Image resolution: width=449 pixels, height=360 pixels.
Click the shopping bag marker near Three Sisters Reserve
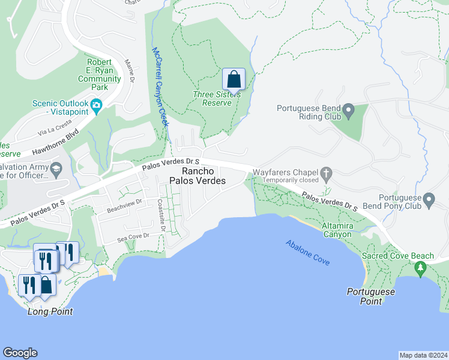click(x=234, y=79)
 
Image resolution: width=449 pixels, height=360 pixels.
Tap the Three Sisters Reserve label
click(x=217, y=98)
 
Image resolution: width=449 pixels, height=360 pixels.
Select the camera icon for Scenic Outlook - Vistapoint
click(x=96, y=107)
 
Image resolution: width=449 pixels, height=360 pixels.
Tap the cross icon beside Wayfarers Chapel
click(x=327, y=174)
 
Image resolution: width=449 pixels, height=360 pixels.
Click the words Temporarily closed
click(x=286, y=179)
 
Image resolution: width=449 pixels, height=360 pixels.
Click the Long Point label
click(x=50, y=311)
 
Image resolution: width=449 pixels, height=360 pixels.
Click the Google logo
click(x=20, y=353)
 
